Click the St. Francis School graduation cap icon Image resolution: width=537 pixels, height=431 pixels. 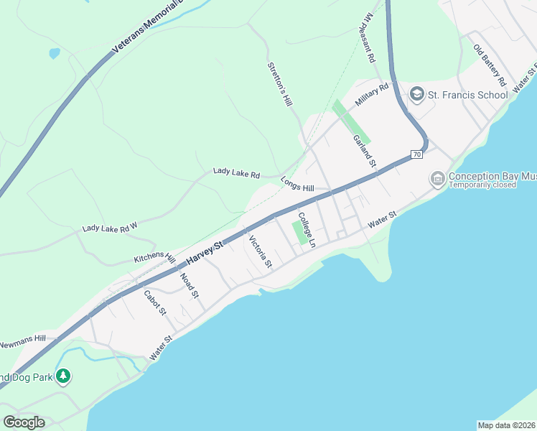coord(416,93)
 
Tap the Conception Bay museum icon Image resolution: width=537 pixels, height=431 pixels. coord(436,178)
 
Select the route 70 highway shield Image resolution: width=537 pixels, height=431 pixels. coord(416,154)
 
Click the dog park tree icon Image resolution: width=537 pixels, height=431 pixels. coord(63,376)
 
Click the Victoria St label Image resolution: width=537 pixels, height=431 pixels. coord(260,251)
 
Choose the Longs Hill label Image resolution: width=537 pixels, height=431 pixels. coord(297,184)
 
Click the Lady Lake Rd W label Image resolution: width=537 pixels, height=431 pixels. coord(109,228)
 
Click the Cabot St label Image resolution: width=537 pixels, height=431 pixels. coord(155,302)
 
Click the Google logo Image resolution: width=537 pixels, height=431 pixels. coord(24,422)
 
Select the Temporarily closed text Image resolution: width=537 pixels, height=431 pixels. coord(483,185)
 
